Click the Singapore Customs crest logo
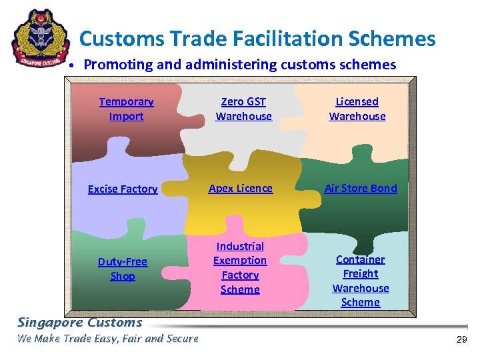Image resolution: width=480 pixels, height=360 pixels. click(x=41, y=37)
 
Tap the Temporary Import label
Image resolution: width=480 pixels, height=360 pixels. click(x=126, y=109)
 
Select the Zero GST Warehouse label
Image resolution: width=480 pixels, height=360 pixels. click(x=243, y=109)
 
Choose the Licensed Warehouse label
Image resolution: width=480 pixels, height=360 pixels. click(x=357, y=109)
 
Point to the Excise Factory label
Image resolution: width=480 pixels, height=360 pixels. click(x=123, y=189)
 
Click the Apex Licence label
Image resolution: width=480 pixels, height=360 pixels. click(x=240, y=189)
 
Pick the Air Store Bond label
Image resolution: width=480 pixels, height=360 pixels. click(x=360, y=189)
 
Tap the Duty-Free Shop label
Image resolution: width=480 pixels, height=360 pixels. click(x=123, y=269)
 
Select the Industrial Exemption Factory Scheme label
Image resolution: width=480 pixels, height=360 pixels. click(x=240, y=268)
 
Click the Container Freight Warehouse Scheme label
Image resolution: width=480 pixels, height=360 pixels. click(x=360, y=281)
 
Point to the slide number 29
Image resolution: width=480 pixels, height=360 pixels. click(x=461, y=340)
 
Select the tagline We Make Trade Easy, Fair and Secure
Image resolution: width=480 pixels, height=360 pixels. click(x=108, y=339)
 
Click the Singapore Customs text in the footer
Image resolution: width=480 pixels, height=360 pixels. click(x=80, y=323)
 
